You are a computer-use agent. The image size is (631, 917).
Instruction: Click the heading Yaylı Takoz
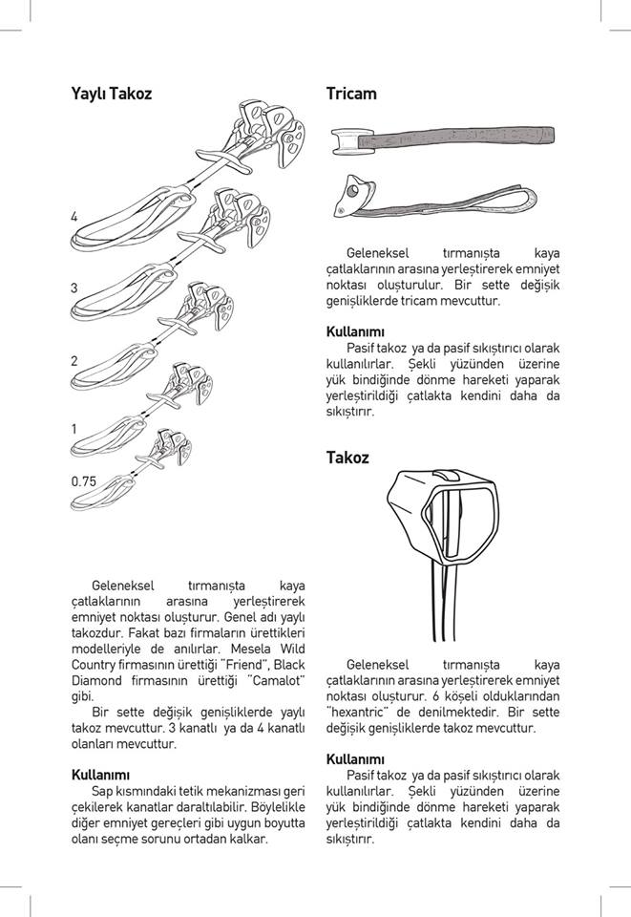112,94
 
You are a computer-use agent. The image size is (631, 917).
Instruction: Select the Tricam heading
351,94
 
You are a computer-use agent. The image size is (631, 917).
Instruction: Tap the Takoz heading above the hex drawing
347,458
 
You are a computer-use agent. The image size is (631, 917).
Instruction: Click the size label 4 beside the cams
74,218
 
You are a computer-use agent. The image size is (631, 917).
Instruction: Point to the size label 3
74,288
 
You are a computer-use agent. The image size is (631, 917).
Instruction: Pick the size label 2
74,361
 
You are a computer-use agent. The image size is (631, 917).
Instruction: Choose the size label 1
74,430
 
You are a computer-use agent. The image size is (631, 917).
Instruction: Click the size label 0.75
84,481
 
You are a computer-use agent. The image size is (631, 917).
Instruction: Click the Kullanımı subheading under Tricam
355,332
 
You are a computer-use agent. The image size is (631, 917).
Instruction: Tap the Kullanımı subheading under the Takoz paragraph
355,759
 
